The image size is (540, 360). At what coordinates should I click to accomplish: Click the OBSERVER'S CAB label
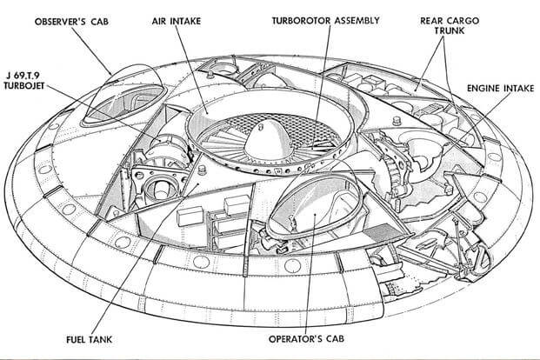click(x=71, y=22)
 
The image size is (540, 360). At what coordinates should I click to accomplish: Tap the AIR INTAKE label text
click(x=177, y=21)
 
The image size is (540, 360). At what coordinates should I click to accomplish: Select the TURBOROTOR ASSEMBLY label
click(x=325, y=21)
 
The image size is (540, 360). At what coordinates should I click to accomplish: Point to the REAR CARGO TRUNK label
click(x=449, y=25)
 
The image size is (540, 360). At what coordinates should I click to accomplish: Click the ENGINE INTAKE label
click(x=500, y=88)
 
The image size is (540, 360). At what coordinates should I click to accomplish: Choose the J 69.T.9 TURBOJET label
click(x=24, y=81)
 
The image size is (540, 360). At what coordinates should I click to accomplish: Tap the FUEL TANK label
click(x=90, y=339)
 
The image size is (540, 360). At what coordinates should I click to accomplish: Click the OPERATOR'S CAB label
click(x=306, y=338)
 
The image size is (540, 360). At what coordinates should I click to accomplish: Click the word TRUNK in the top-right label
click(x=449, y=30)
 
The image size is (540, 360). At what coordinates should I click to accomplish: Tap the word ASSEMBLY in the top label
click(x=357, y=21)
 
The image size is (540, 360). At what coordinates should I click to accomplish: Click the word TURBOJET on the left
click(x=24, y=86)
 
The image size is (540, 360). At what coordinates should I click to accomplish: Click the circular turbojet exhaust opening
click(x=162, y=188)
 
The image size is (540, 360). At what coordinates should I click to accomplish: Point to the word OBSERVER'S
click(x=60, y=22)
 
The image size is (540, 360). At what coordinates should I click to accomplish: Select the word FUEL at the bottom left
click(x=76, y=339)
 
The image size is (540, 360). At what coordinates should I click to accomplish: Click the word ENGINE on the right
click(x=483, y=88)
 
